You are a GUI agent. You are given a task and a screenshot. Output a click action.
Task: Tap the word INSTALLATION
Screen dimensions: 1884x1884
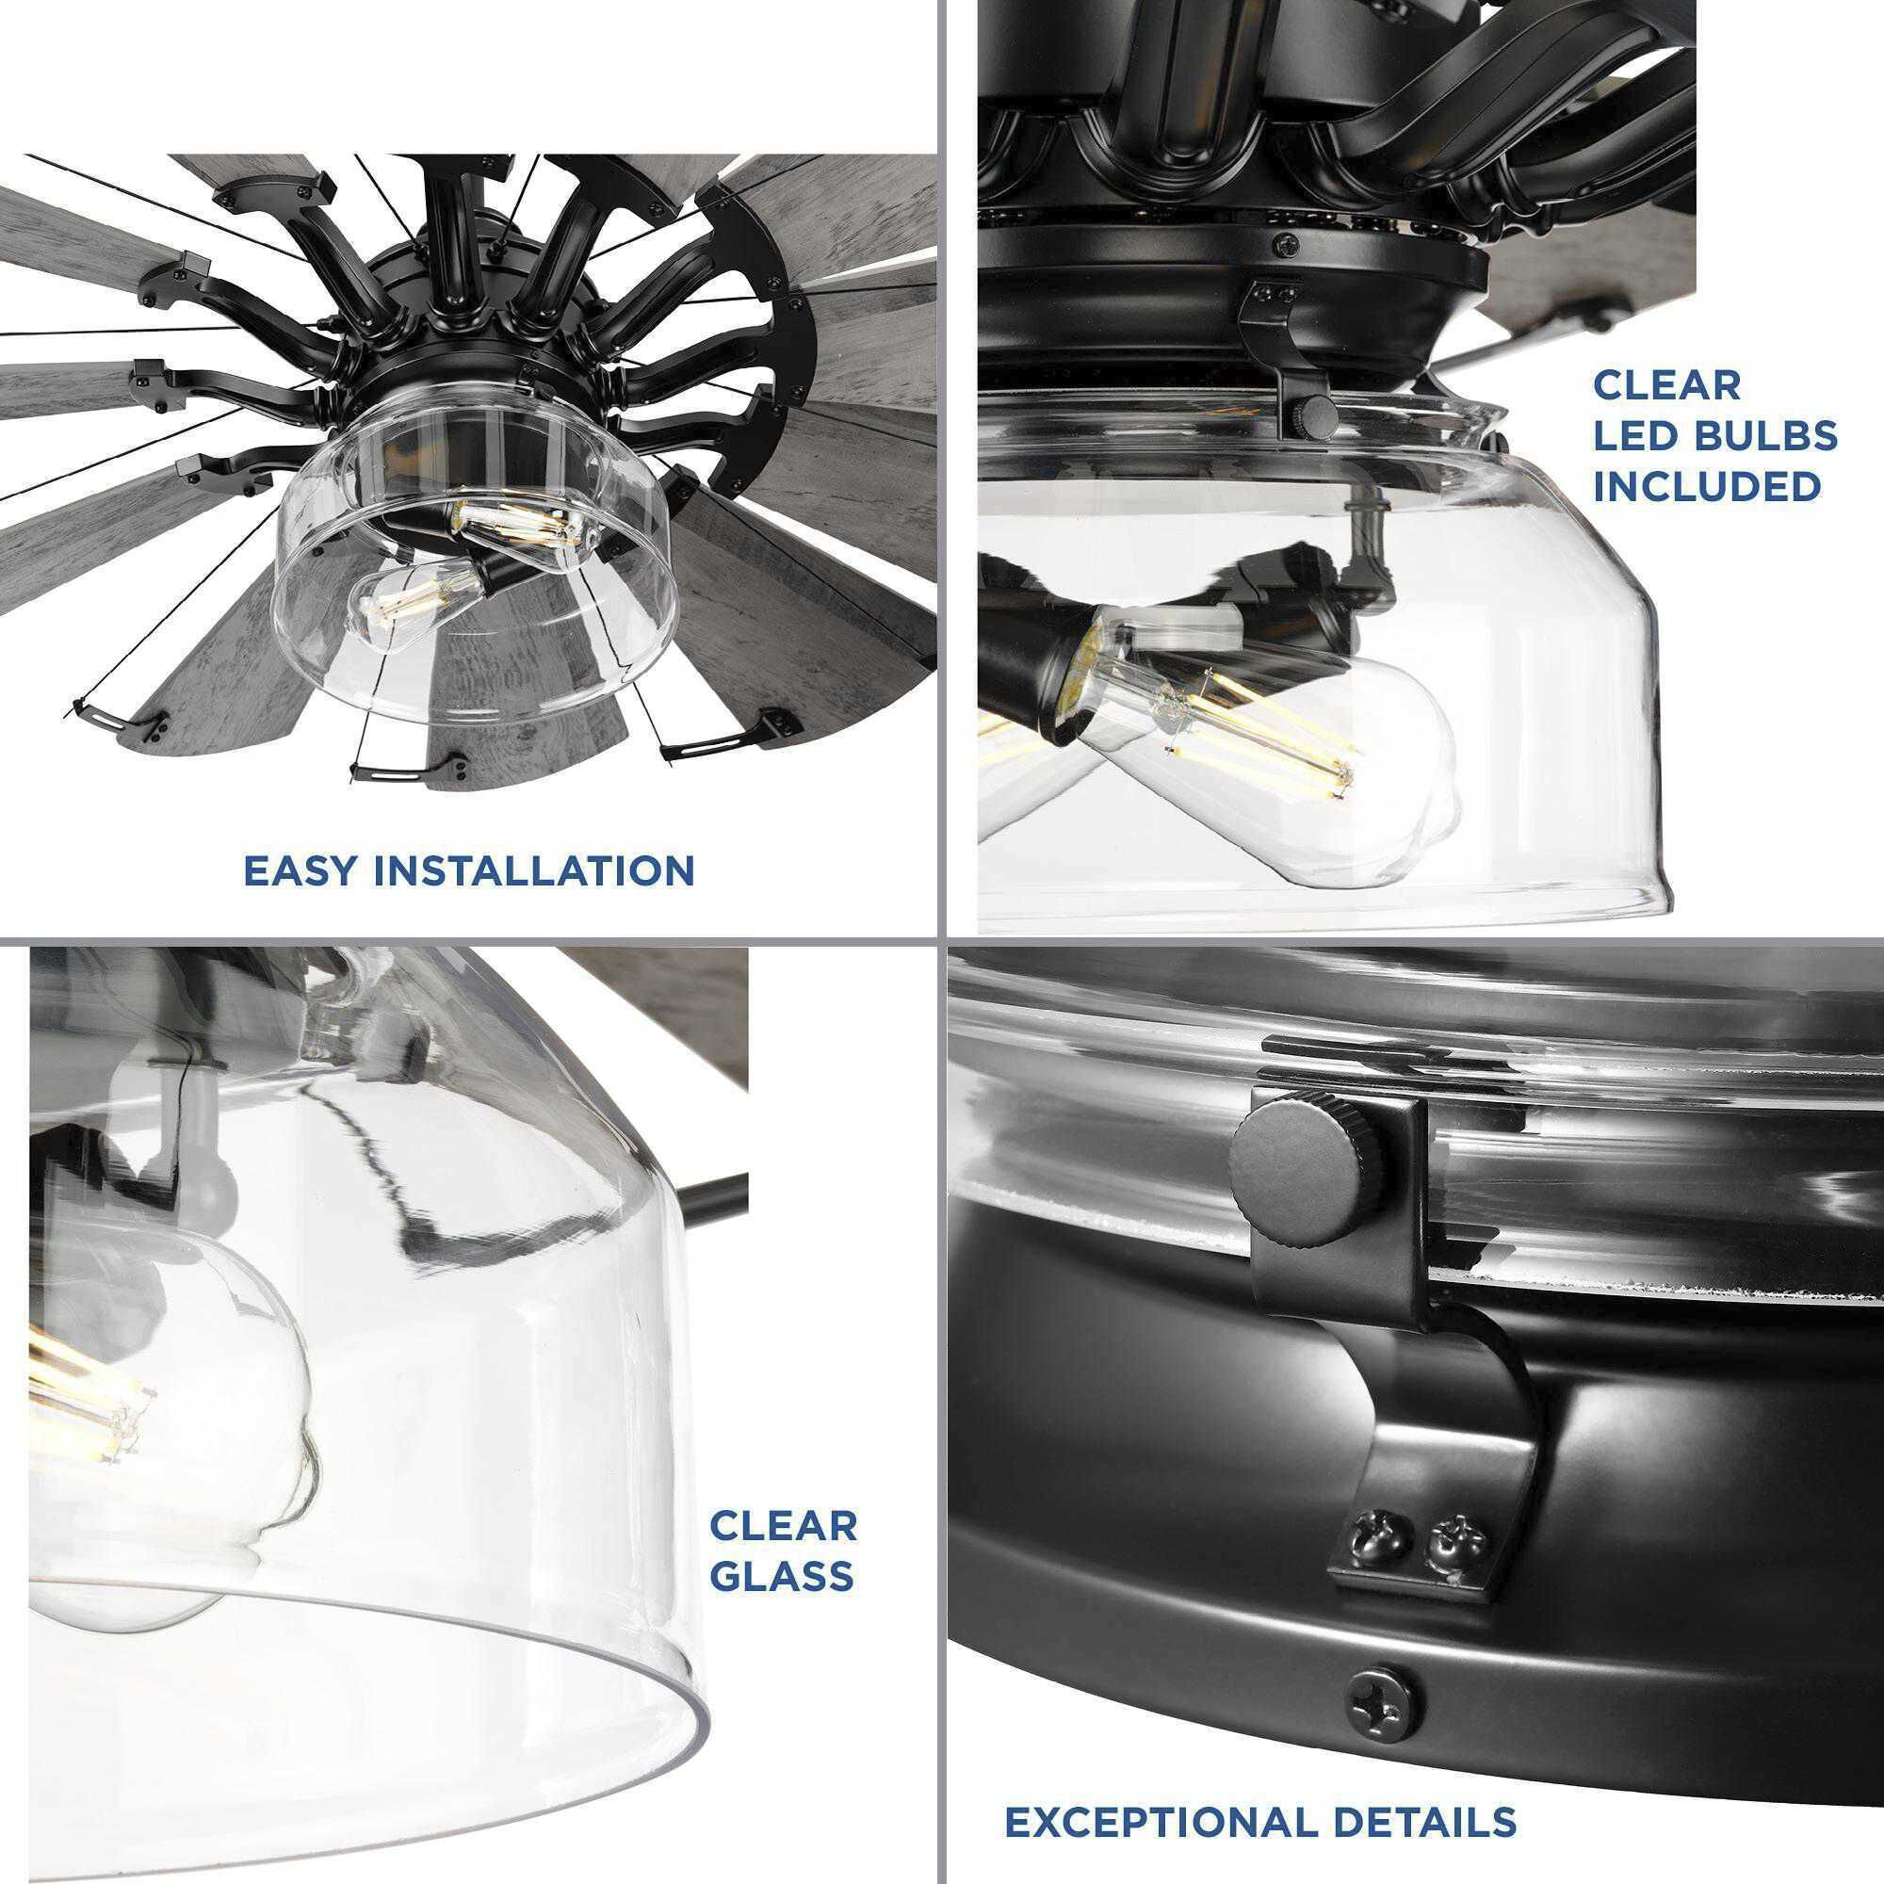click(x=535, y=869)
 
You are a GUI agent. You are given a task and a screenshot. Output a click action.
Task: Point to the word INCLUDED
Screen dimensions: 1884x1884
click(x=1708, y=486)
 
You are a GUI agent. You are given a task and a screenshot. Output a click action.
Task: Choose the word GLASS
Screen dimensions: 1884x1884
click(x=782, y=1548)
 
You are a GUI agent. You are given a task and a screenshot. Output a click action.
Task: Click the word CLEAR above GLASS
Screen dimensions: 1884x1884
click(x=783, y=1498)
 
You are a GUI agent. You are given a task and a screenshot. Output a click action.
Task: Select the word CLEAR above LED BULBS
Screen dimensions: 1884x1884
click(x=1666, y=386)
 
